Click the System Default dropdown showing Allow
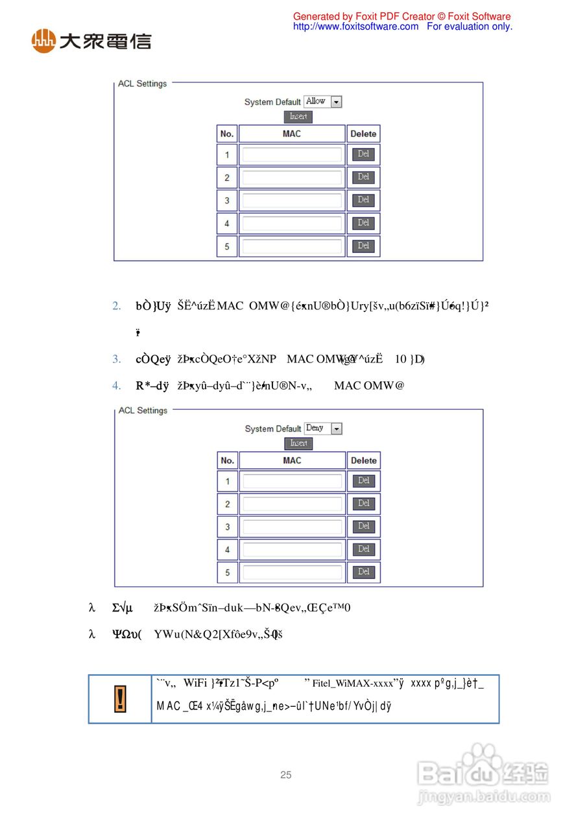pos(323,102)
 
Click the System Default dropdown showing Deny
pos(323,429)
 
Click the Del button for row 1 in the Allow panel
pos(363,154)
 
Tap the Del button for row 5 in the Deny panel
pos(363,572)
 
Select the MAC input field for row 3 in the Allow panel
pos(292,200)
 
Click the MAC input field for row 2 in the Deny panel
pos(292,504)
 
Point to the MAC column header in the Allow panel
pos(292,134)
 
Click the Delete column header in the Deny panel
pos(363,460)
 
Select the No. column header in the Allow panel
pos(227,134)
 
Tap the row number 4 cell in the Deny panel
pos(227,550)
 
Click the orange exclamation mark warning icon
pos(120,699)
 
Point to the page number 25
pos(286,775)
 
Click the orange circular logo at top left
pos(43,41)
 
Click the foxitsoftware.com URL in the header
pos(355,27)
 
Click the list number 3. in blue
pos(117,359)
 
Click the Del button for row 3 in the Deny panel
pos(363,527)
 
